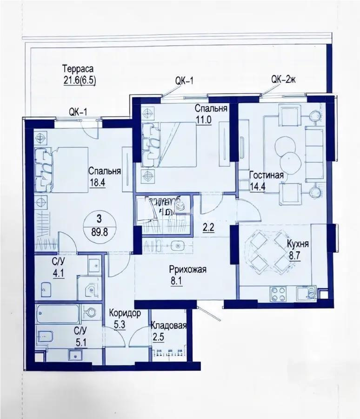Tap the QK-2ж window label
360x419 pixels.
pyautogui.click(x=283, y=80)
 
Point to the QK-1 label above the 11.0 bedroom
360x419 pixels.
pyautogui.click(x=184, y=80)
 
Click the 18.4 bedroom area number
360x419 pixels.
pyautogui.click(x=98, y=182)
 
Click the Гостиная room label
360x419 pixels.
pyautogui.click(x=267, y=176)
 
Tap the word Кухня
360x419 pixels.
pyautogui.click(x=298, y=244)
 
